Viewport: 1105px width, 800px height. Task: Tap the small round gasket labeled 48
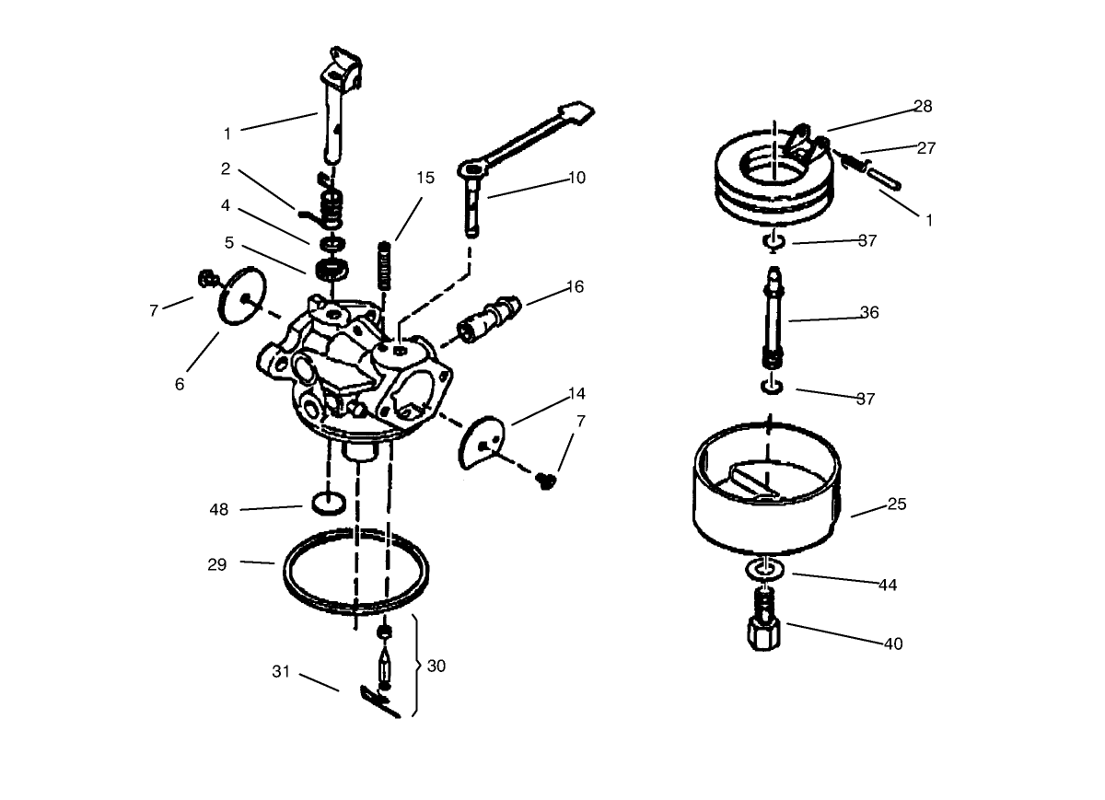pyautogui.click(x=329, y=504)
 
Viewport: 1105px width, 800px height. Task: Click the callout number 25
pyautogui.click(x=897, y=504)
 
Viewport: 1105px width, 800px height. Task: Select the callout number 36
pyautogui.click(x=868, y=312)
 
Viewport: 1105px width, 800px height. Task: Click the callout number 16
pyautogui.click(x=575, y=286)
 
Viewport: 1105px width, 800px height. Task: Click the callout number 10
pyautogui.click(x=576, y=178)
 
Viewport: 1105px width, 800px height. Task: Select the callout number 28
pyautogui.click(x=923, y=106)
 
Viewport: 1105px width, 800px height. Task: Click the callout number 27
pyautogui.click(x=926, y=148)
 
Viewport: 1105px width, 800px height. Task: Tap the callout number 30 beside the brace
pyautogui.click(x=436, y=666)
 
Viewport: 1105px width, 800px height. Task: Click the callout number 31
pyautogui.click(x=281, y=671)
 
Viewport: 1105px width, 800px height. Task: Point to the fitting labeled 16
pyautogui.click(x=489, y=319)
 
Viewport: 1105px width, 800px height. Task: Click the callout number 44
pyautogui.click(x=888, y=585)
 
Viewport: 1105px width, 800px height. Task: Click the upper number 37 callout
pyautogui.click(x=867, y=241)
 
